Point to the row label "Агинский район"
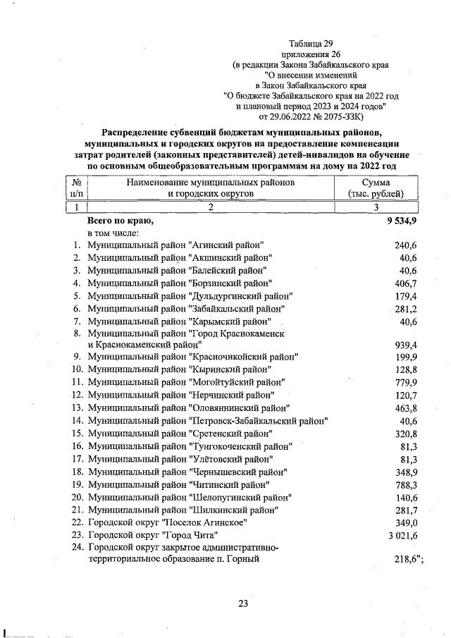[175, 245]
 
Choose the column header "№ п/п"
[76, 188]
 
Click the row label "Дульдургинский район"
[190, 295]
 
